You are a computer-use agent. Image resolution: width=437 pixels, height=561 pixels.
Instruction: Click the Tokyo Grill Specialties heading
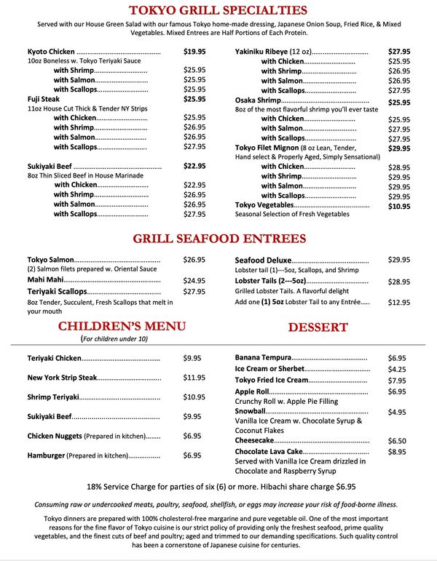click(218, 10)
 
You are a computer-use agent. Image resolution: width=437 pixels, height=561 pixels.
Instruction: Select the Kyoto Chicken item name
click(51, 52)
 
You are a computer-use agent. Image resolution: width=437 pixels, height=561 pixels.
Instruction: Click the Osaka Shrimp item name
click(258, 100)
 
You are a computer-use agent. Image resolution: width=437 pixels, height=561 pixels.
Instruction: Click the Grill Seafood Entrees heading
click(219, 239)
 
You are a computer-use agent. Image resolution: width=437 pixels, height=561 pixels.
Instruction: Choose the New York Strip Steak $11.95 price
click(194, 378)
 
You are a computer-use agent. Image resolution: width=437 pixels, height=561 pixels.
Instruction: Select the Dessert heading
click(318, 327)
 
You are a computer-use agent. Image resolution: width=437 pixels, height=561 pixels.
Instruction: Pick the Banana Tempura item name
click(263, 358)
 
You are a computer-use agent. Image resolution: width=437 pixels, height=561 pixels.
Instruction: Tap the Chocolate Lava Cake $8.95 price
click(397, 452)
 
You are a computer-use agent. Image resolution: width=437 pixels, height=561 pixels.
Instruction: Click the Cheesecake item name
click(255, 441)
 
